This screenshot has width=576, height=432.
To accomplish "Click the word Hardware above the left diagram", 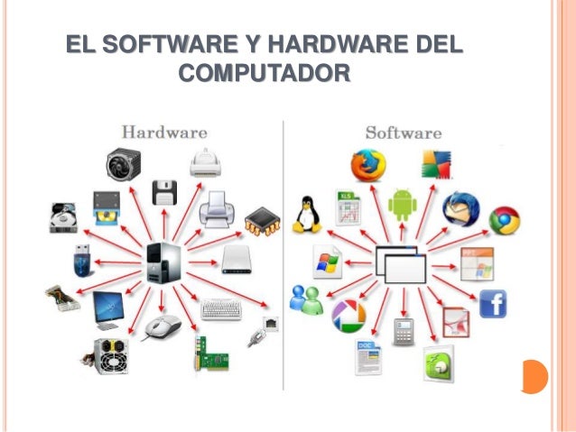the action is [x=164, y=132].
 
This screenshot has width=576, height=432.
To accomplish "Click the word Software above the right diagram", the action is [x=403, y=133].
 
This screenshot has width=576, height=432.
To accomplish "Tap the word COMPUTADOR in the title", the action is [x=264, y=71].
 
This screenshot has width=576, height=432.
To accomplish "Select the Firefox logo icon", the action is [x=368, y=165].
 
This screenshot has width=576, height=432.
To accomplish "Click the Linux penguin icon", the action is [x=307, y=215].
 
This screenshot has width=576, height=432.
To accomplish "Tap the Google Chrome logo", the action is [x=504, y=220].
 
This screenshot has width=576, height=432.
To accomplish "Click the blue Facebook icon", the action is [x=493, y=304].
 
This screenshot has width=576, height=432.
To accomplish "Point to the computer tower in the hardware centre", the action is [x=163, y=262].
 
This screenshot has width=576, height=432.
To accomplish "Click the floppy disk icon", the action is [x=165, y=191].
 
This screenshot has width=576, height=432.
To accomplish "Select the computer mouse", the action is [x=163, y=326].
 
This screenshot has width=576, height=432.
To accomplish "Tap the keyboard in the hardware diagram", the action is [x=220, y=309].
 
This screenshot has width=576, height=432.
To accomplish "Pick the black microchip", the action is [x=263, y=219].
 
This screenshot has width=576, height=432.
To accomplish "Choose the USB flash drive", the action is [x=80, y=261].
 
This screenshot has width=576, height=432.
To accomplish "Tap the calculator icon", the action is [x=403, y=331].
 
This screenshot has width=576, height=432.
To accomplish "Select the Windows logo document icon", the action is [x=326, y=261].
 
